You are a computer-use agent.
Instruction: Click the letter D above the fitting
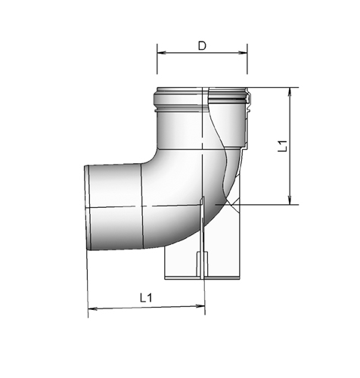tap(202, 45)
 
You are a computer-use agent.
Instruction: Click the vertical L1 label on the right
tap(281, 145)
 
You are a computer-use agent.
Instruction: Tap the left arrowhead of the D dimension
tap(160, 52)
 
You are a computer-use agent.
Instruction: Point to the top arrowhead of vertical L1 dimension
tap(290, 91)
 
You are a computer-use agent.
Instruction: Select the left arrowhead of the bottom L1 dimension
tap(92, 307)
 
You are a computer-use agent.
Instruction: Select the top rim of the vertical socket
tap(202, 91)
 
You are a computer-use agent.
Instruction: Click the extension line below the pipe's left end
tap(88, 283)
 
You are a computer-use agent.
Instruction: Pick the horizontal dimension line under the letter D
tap(202, 52)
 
